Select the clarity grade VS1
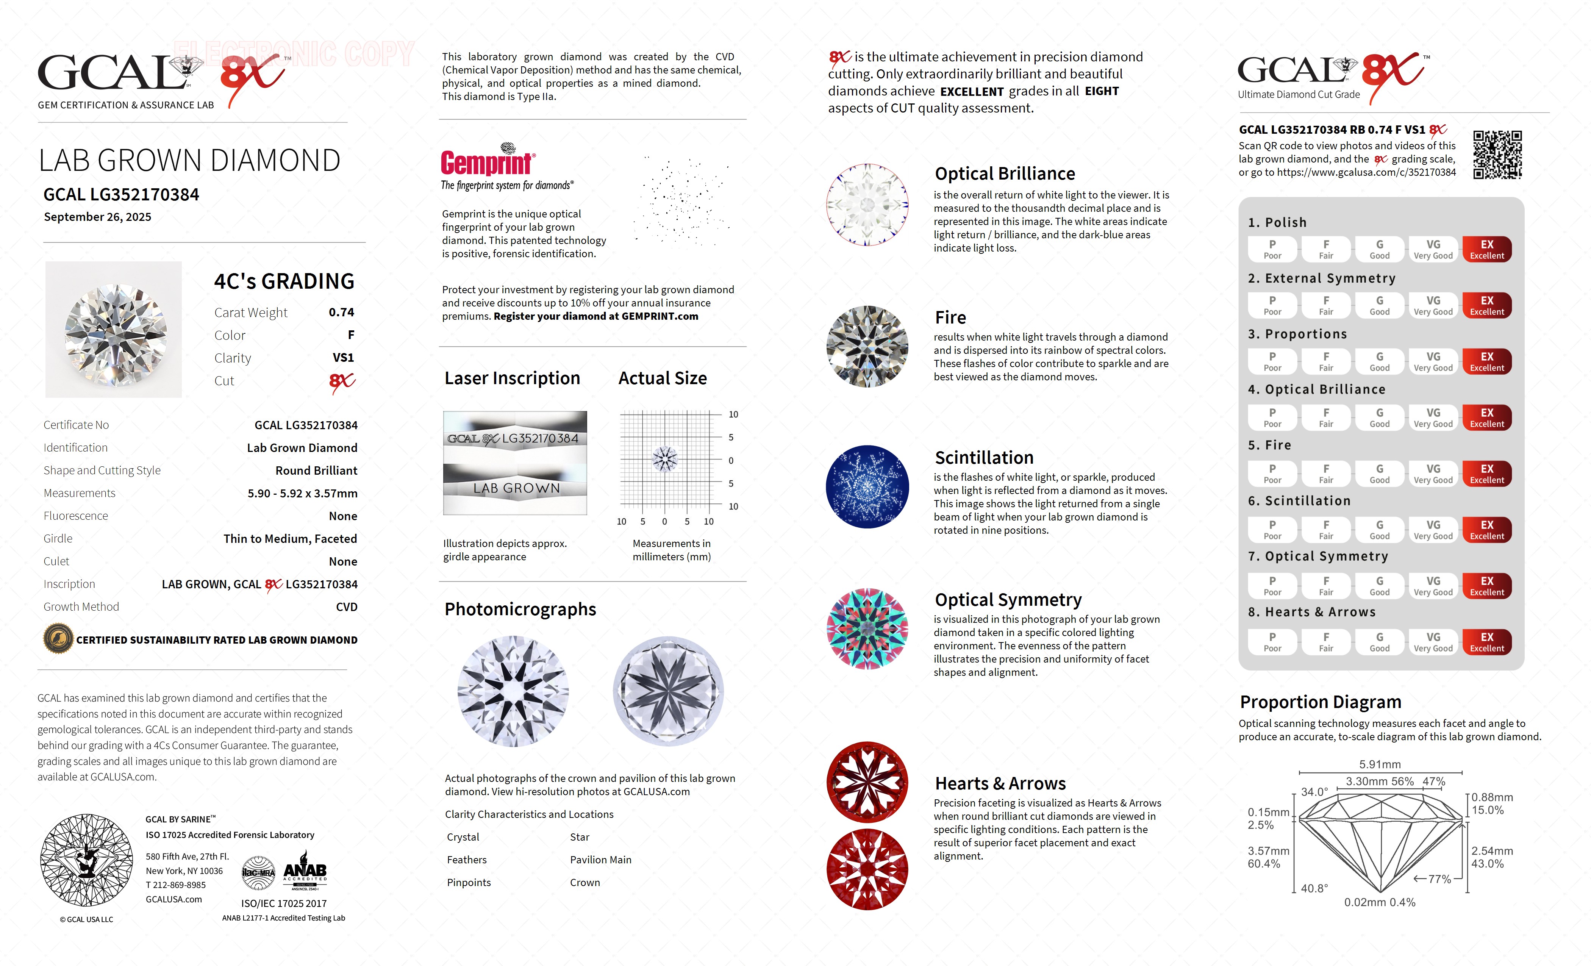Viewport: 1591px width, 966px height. pyautogui.click(x=343, y=358)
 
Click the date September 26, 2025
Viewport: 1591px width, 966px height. pyautogui.click(x=97, y=217)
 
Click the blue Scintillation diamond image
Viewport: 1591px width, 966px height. pyautogui.click(x=867, y=487)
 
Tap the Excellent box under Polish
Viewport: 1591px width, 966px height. pyautogui.click(x=1486, y=249)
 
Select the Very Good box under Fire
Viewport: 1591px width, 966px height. pyautogui.click(x=1433, y=474)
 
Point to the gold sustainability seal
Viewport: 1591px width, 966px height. pyautogui.click(x=58, y=639)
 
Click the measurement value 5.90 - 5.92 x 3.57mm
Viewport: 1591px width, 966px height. pyautogui.click(x=302, y=493)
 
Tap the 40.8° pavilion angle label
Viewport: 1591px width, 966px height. pyautogui.click(x=1314, y=888)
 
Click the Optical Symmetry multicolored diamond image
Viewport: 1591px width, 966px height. pyautogui.click(x=867, y=629)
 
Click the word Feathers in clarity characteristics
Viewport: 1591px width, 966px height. pyautogui.click(x=466, y=860)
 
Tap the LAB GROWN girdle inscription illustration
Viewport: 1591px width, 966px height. pyautogui.click(x=515, y=488)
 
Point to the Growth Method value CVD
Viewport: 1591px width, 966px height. pyautogui.click(x=346, y=607)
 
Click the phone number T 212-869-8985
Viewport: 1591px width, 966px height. pyautogui.click(x=176, y=885)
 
